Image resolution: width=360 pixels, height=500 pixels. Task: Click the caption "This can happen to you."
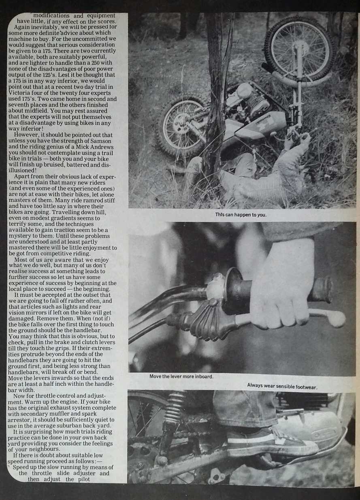coord(241,215)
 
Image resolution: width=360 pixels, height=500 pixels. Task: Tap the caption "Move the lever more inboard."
coord(181,376)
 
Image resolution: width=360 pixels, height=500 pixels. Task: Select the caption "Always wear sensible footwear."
coord(282,387)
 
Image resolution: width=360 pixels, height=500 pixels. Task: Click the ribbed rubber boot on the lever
coord(202,321)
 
